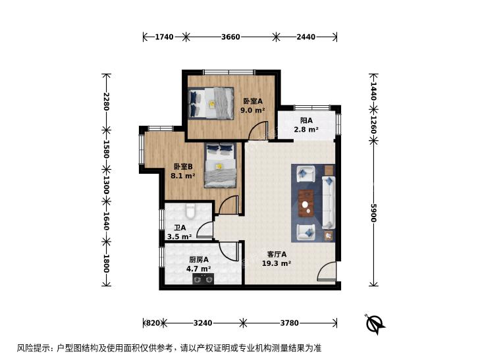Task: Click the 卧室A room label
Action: [253, 101]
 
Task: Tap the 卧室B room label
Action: [183, 167]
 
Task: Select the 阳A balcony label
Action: [306, 120]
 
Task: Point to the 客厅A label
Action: [277, 254]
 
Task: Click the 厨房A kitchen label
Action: [199, 260]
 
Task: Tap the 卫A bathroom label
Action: [180, 228]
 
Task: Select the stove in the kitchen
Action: [203, 279]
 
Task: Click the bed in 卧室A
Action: [211, 103]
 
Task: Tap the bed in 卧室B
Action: [221, 165]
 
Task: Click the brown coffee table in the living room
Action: [306, 203]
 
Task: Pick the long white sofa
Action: [329, 203]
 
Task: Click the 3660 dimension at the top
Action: [230, 37]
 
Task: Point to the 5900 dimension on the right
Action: [373, 213]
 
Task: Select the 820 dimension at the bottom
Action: [153, 322]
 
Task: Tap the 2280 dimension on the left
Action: [106, 101]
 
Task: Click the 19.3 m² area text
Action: [277, 263]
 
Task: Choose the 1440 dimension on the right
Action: [373, 91]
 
